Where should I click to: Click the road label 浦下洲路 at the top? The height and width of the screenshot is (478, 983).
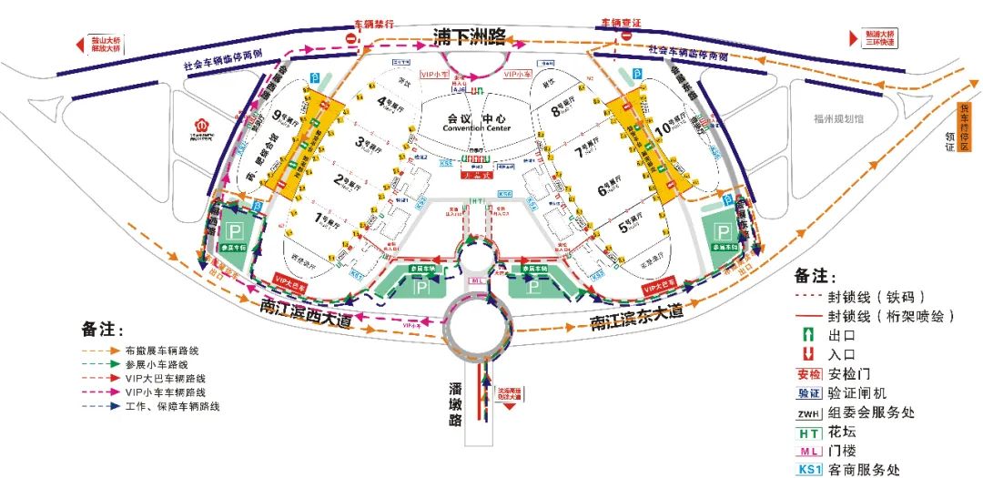pos(470,37)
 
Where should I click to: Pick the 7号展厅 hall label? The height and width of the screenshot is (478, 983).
pos(589,151)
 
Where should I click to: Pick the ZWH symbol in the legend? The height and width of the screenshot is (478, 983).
pos(810,412)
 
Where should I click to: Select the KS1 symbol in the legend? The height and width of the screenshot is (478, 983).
pos(810,470)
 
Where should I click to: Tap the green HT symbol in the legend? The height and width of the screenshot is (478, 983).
pos(810,432)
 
